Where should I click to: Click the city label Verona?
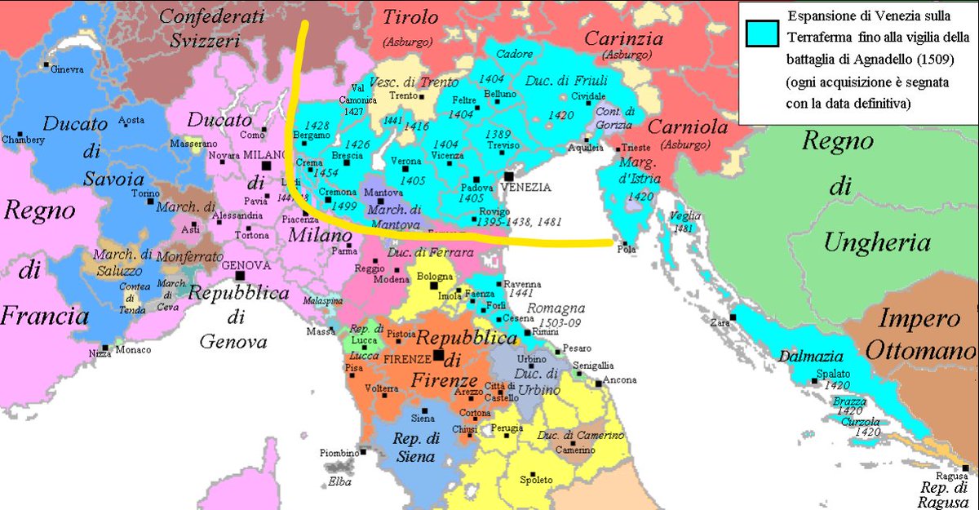point(406,162)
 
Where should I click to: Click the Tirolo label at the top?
point(410,16)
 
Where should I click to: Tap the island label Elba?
point(340,481)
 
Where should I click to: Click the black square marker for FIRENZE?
point(439,356)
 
